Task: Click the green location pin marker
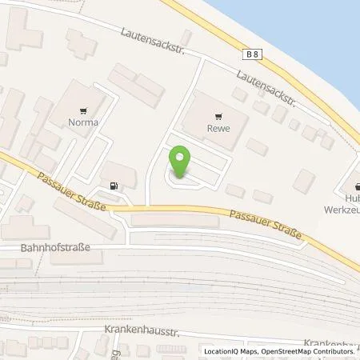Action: [182, 162]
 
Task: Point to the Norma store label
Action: [83, 122]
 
